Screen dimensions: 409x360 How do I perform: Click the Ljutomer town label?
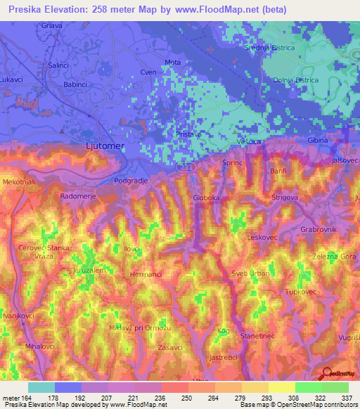tap(98, 145)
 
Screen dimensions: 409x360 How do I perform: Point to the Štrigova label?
tap(285, 198)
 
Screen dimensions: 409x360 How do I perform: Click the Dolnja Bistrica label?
tap(295, 80)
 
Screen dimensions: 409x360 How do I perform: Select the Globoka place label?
tap(207, 198)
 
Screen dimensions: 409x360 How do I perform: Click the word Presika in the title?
tap(25, 9)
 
